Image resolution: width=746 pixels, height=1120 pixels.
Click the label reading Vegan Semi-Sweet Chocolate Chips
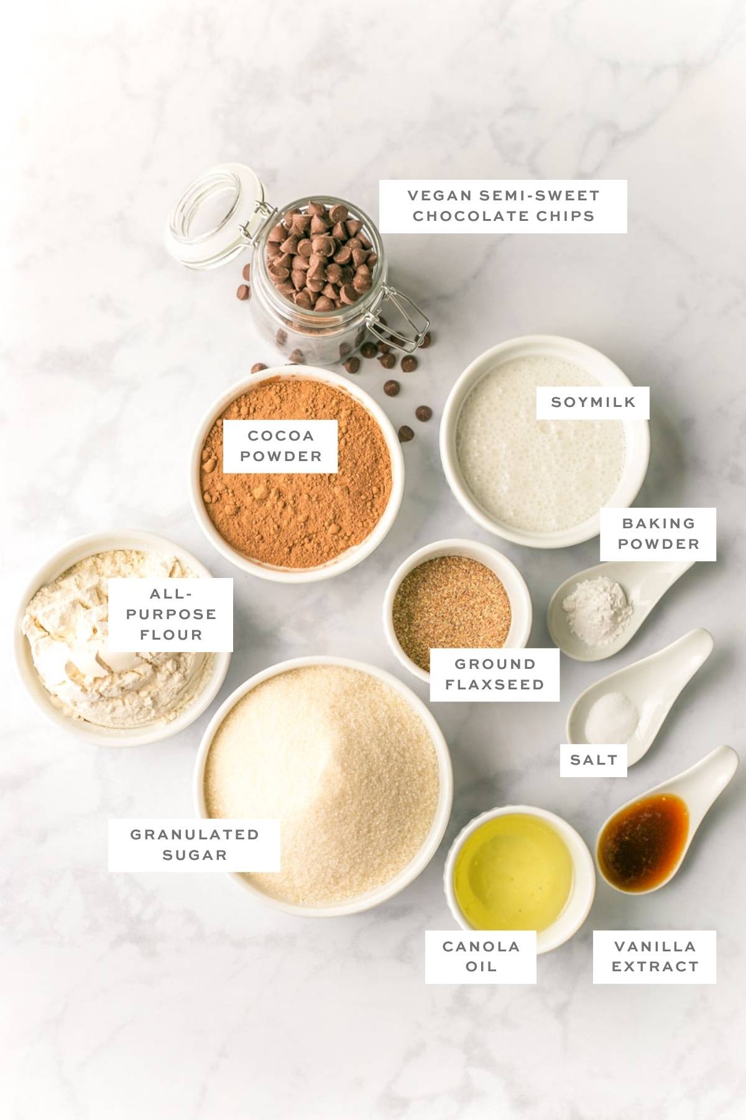click(x=503, y=206)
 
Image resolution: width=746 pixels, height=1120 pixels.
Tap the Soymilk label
click(x=593, y=402)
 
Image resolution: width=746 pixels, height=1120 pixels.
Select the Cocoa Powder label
click(x=280, y=446)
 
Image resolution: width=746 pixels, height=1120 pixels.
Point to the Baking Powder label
click(x=658, y=534)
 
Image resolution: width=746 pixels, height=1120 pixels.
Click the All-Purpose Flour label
click(x=171, y=615)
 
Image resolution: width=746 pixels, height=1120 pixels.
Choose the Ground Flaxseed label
click(x=494, y=674)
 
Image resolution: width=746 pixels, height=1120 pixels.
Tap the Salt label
click(x=593, y=760)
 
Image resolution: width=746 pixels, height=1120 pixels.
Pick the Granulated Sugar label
click(x=194, y=844)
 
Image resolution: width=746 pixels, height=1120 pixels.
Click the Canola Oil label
click(x=481, y=956)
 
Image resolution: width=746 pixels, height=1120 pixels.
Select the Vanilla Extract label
click(x=654, y=956)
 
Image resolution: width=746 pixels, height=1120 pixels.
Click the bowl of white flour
click(x=93, y=647)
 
